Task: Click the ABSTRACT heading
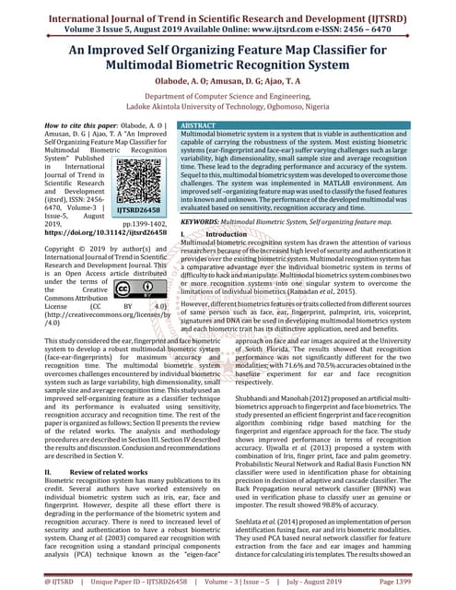point(199,124)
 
